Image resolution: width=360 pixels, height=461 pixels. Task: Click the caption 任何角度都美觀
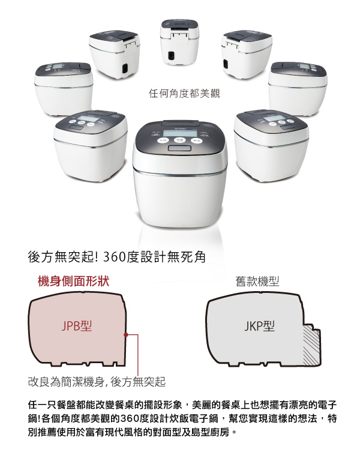pos(184,94)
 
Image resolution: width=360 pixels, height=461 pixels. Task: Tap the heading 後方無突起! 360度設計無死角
pos(116,257)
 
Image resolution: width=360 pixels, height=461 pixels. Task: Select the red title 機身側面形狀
pos(73,281)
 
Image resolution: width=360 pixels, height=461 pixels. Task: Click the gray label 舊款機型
pos(257,282)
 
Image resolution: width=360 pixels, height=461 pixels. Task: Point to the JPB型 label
pos(77,326)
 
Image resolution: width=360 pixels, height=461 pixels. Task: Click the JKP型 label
pos(259,326)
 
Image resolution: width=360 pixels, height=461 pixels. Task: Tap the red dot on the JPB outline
pos(126,334)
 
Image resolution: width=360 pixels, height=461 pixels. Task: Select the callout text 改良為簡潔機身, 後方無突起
pos(97,382)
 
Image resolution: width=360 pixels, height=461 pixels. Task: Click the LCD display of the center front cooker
pos(179,133)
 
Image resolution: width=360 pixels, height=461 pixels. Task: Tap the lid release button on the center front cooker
pos(179,147)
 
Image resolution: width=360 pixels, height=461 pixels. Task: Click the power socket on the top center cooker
pos(171,55)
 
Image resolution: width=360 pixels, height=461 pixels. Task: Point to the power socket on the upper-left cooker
pos(125,68)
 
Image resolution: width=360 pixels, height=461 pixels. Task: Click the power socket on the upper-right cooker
pos(226,64)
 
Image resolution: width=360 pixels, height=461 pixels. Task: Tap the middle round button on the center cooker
pos(179,140)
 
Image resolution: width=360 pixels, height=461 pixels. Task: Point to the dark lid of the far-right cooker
pos(298,68)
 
